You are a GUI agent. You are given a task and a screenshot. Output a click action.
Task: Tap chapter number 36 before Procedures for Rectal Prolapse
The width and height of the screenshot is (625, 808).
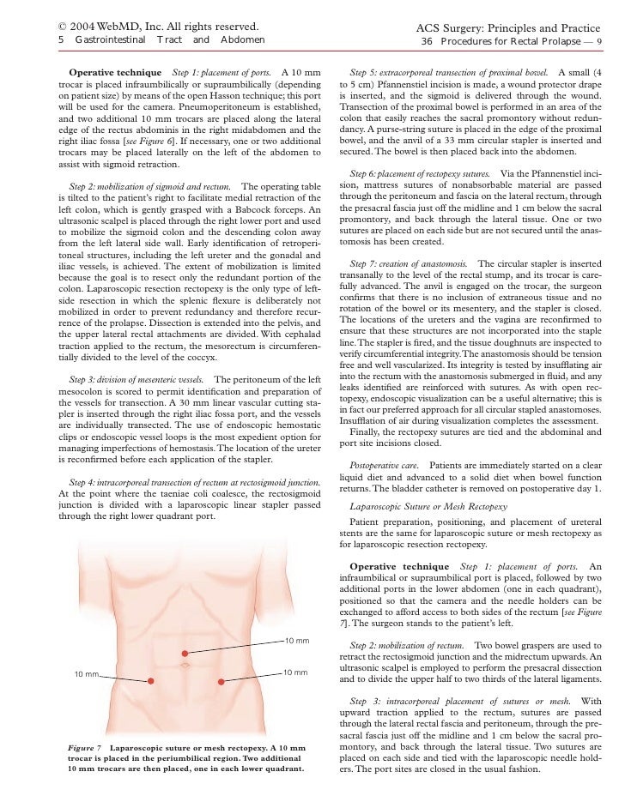tap(426, 40)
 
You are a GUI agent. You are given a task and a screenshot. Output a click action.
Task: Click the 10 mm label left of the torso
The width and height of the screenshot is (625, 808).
tap(87, 674)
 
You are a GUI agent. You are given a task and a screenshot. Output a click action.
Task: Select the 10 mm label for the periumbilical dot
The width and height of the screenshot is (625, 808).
tap(296, 641)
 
